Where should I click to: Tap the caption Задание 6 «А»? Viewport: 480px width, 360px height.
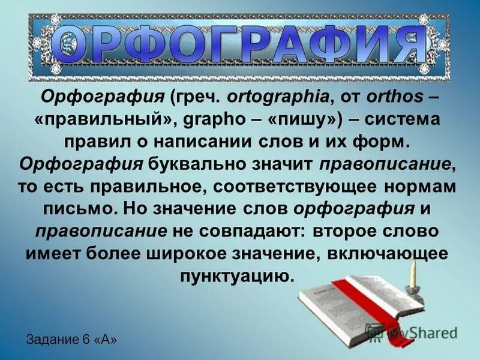[x=71, y=339]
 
